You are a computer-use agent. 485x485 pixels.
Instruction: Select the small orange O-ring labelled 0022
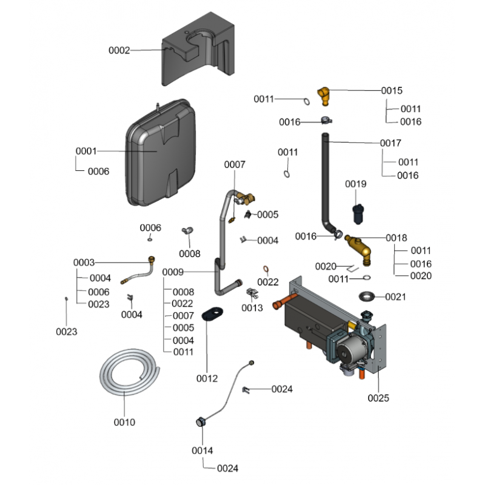click(266, 269)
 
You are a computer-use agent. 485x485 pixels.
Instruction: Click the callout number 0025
click(379, 398)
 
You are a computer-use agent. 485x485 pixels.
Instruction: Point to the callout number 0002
click(119, 50)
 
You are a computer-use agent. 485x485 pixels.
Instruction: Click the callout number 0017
click(391, 144)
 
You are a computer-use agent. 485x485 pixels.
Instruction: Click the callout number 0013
click(252, 308)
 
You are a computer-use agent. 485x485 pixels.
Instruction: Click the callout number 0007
click(235, 164)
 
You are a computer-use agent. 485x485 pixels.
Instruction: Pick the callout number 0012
click(207, 379)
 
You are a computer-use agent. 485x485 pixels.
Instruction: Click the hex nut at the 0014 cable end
click(199, 422)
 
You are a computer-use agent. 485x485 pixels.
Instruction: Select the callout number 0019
click(356, 184)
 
